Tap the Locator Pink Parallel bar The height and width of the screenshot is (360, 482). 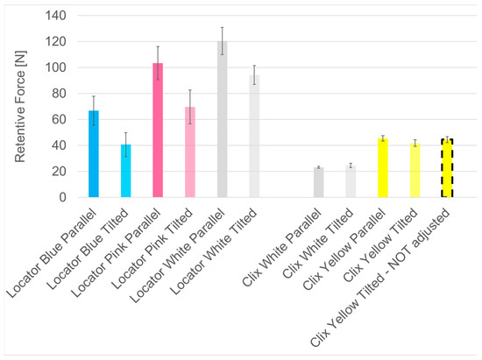tap(158, 131)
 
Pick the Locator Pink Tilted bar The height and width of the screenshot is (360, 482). tap(190, 153)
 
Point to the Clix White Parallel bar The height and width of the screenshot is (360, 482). tap(318, 183)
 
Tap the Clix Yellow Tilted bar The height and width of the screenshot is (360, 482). tap(415, 171)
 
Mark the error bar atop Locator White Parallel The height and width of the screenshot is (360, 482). tap(223, 40)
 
